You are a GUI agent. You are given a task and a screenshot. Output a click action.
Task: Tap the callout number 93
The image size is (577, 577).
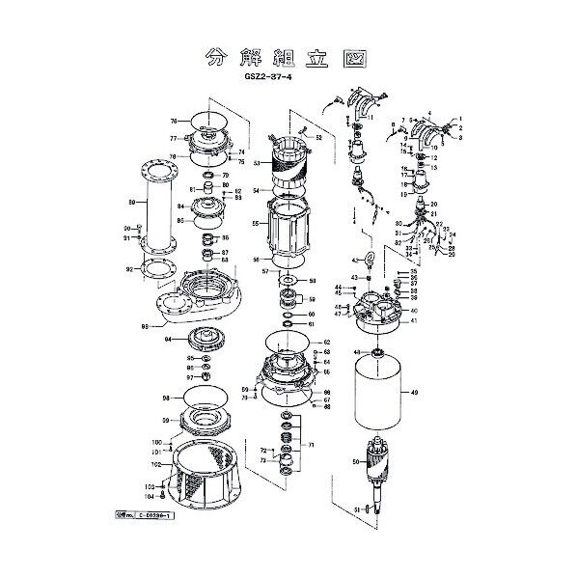pyautogui.click(x=146, y=328)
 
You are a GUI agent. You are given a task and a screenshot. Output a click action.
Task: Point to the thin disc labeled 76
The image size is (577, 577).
pyautogui.click(x=206, y=121)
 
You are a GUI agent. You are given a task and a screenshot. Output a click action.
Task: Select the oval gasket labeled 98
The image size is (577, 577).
pyautogui.click(x=205, y=397)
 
